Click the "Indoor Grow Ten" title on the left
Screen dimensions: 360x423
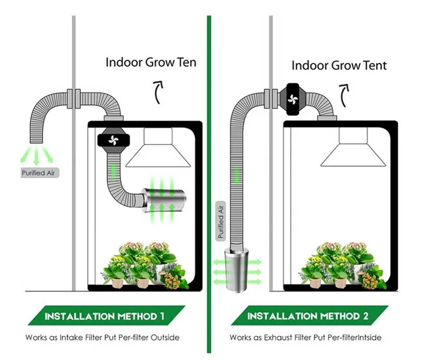click(x=151, y=63)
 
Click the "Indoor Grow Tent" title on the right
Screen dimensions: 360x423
click(x=339, y=66)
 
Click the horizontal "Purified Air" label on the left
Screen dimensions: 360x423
click(x=37, y=173)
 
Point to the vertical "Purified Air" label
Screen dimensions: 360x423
click(x=221, y=220)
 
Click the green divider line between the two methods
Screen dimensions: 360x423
click(x=209, y=181)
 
